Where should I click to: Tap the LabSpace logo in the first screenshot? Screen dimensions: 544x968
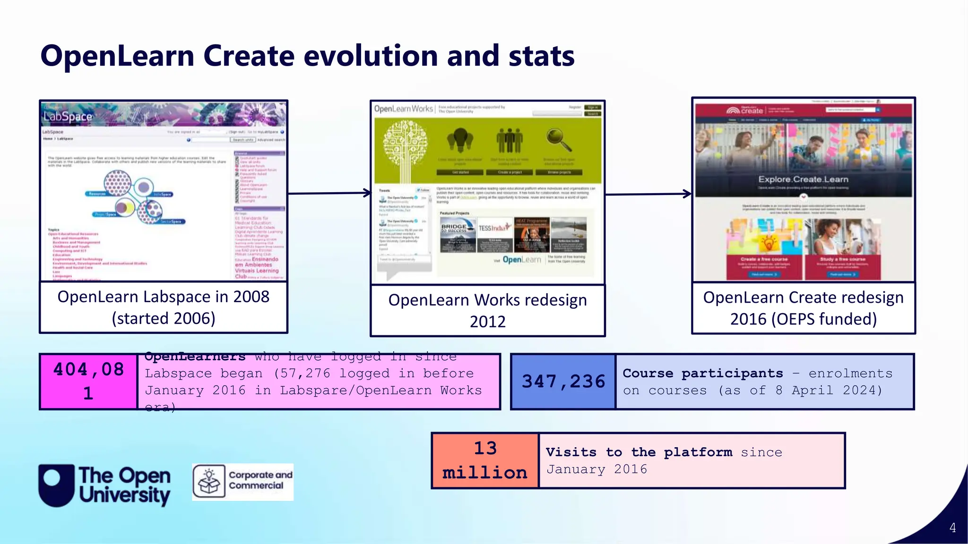point(68,116)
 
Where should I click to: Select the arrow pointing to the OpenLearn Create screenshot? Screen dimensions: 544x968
point(648,194)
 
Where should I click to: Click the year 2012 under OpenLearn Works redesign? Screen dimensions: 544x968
point(487,322)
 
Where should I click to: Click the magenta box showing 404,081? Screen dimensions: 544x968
point(88,381)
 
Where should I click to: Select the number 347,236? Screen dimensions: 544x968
point(563,382)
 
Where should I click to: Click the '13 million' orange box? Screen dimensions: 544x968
point(485,460)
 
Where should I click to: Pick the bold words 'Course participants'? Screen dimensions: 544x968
point(702,373)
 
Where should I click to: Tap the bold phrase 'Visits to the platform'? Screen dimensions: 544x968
point(639,452)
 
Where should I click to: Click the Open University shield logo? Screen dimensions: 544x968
point(56,485)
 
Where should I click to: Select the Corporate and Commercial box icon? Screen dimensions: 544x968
point(209,482)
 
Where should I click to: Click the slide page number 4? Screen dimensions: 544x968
point(952,527)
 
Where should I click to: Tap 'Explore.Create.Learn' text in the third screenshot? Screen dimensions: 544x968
point(803,179)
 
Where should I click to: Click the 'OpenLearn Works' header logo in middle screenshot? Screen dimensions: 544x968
point(403,109)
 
